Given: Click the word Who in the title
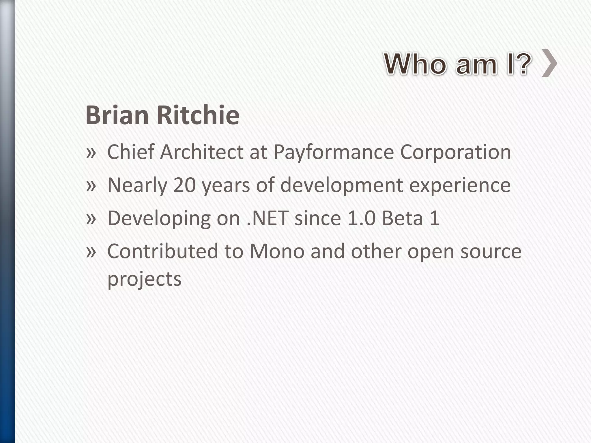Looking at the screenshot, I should click(x=416, y=64).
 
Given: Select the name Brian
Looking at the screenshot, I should click(x=117, y=115).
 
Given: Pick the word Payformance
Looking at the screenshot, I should click(x=334, y=152).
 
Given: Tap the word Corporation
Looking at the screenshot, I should click(x=455, y=152).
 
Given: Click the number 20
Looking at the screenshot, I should click(x=185, y=185).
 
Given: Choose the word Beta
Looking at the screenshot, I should click(x=402, y=218).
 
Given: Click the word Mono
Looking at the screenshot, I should click(x=277, y=251).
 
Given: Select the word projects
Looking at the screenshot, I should click(x=144, y=279).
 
